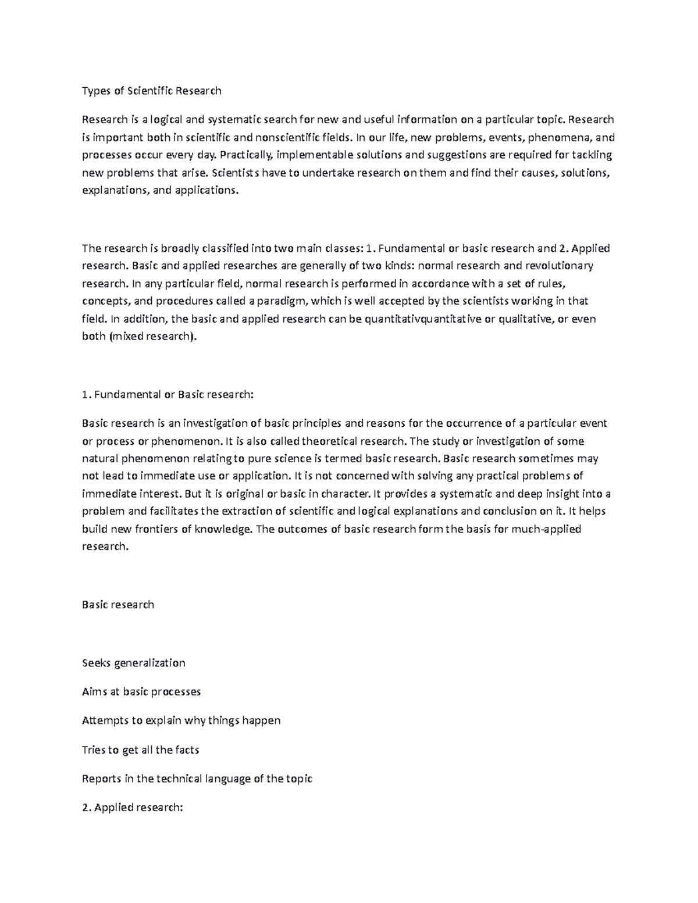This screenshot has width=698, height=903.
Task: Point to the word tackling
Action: [x=592, y=155]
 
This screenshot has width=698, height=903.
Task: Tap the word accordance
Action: [x=429, y=283]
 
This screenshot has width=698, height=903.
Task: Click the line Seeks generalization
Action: [x=134, y=663]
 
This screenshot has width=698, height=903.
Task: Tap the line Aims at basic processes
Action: [x=141, y=691]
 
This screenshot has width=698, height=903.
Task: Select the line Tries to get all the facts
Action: [x=141, y=749]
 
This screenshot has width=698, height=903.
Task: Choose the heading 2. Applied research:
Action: [x=133, y=807]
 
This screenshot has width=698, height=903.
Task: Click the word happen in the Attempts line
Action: [x=261, y=720]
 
